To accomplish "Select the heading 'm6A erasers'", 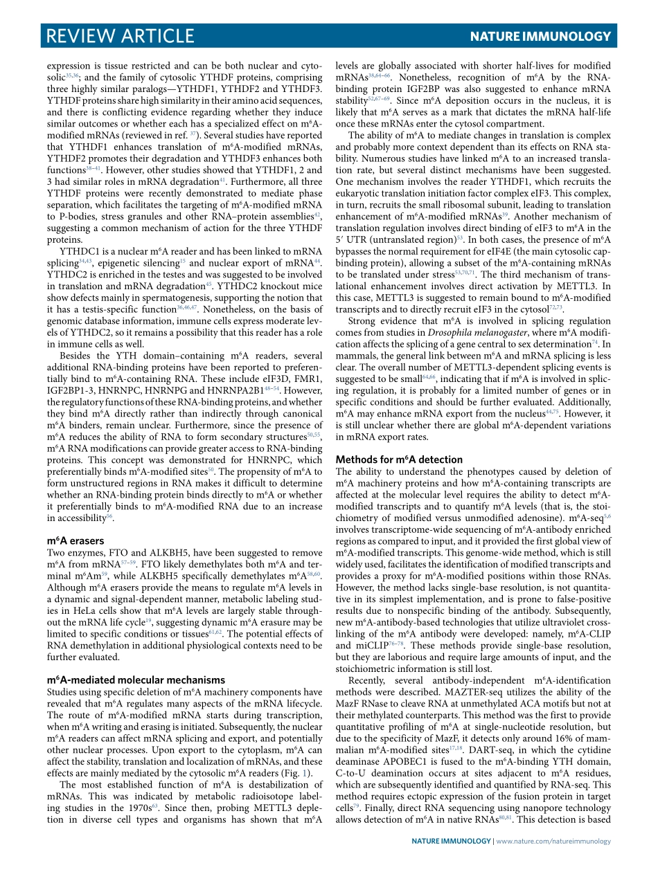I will [75, 540].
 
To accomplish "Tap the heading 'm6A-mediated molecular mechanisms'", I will [136, 680].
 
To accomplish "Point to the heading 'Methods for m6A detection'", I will [399, 459].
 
